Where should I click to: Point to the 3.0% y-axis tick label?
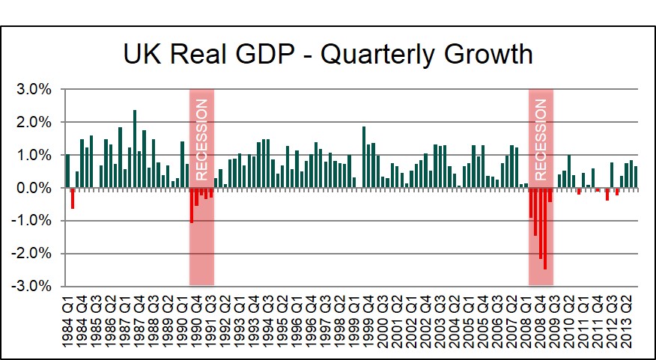[34, 89]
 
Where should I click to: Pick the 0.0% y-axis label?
[34, 188]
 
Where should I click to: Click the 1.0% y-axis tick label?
[34, 155]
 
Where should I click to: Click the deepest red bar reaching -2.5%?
[545, 228]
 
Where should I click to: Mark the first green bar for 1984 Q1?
[67, 171]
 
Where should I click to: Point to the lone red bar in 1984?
[73, 198]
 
